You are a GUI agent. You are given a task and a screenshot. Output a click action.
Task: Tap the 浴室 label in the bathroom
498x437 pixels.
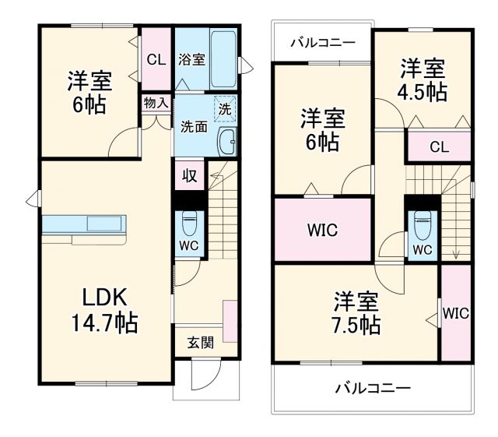(191, 59)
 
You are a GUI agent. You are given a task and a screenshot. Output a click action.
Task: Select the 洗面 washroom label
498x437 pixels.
(195, 126)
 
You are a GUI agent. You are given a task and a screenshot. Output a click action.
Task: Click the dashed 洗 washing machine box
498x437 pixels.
(225, 111)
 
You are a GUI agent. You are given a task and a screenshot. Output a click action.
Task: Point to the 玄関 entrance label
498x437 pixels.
(200, 342)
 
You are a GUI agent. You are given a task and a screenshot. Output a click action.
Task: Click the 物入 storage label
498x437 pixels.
(156, 102)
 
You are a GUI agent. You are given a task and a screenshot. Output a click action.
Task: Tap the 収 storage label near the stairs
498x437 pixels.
(189, 175)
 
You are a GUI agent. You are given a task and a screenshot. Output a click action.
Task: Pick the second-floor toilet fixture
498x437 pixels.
(423, 225)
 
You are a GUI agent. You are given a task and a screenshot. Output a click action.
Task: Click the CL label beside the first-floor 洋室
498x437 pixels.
(156, 59)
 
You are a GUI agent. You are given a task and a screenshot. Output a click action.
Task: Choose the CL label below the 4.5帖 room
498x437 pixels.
(439, 146)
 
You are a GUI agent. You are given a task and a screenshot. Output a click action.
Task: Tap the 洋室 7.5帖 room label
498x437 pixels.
(357, 312)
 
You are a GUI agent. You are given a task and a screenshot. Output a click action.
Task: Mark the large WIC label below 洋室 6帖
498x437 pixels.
(322, 231)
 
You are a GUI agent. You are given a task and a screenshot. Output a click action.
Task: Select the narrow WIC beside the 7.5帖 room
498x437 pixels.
(455, 314)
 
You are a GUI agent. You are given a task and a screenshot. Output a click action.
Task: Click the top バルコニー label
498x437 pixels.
(322, 42)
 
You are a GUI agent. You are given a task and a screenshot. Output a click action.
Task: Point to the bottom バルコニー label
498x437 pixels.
(373, 386)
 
